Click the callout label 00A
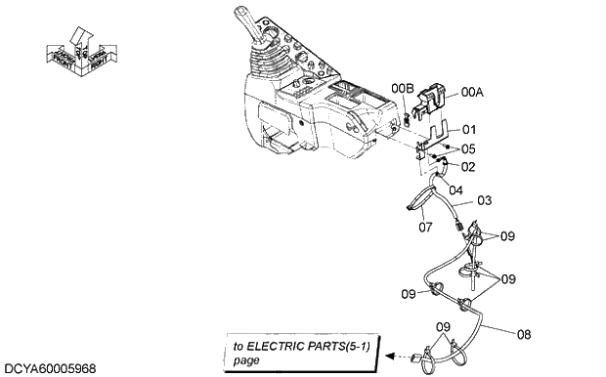pyautogui.click(x=473, y=92)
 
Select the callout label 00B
pyautogui.click(x=403, y=89)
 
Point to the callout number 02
pyautogui.click(x=468, y=167)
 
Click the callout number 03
pyautogui.click(x=468, y=148)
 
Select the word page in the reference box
pyautogui.click(x=247, y=359)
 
